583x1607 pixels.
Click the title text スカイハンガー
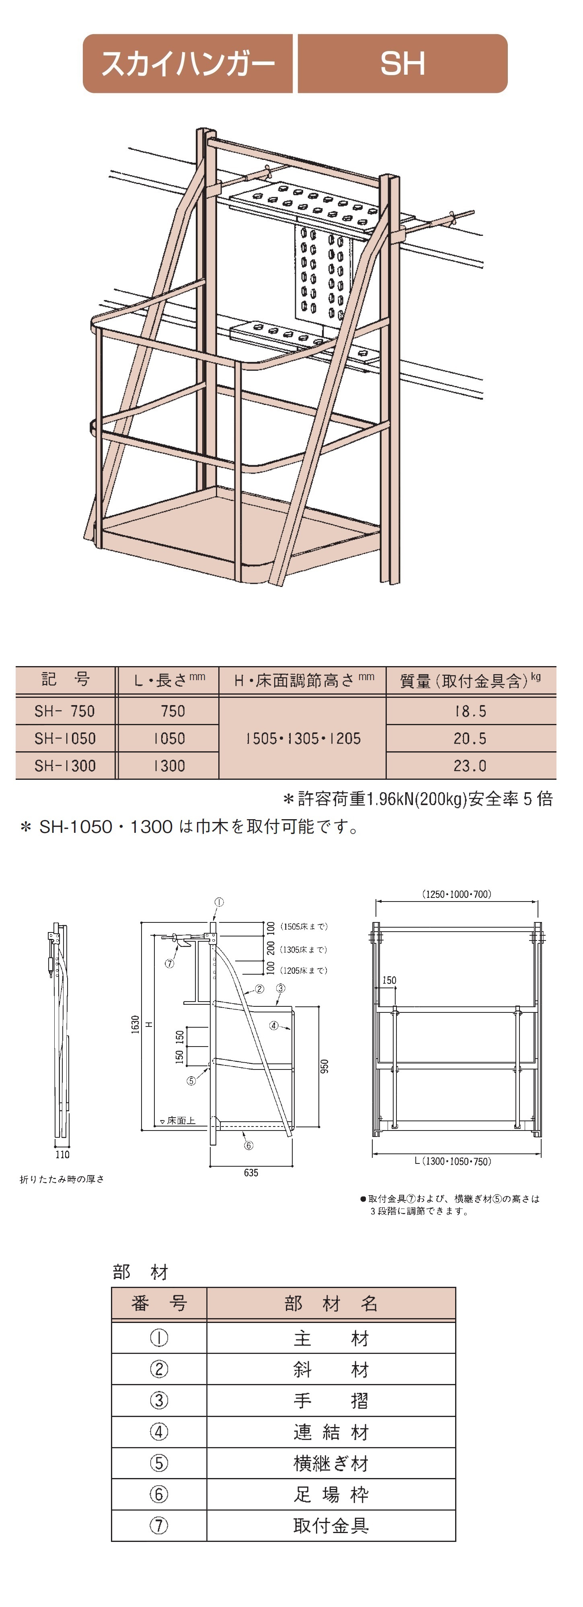[188, 63]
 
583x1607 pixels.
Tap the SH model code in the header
[402, 63]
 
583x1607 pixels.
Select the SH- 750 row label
[65, 711]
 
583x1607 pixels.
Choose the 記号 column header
[66, 679]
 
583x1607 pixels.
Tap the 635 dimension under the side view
[251, 1173]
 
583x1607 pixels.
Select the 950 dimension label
[324, 1065]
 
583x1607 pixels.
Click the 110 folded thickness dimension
[62, 1155]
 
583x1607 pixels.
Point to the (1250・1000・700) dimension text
[456, 894]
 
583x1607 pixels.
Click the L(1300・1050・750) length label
[453, 1161]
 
